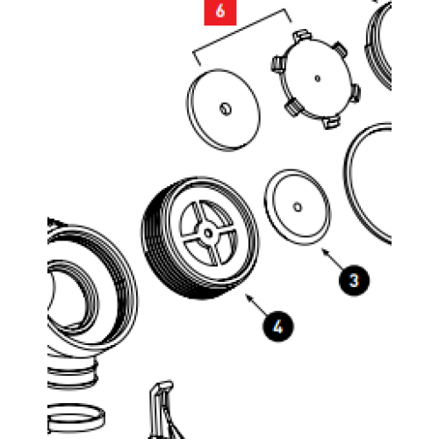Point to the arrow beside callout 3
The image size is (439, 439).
pos(332,257)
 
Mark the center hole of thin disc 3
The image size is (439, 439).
pos(299,207)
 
